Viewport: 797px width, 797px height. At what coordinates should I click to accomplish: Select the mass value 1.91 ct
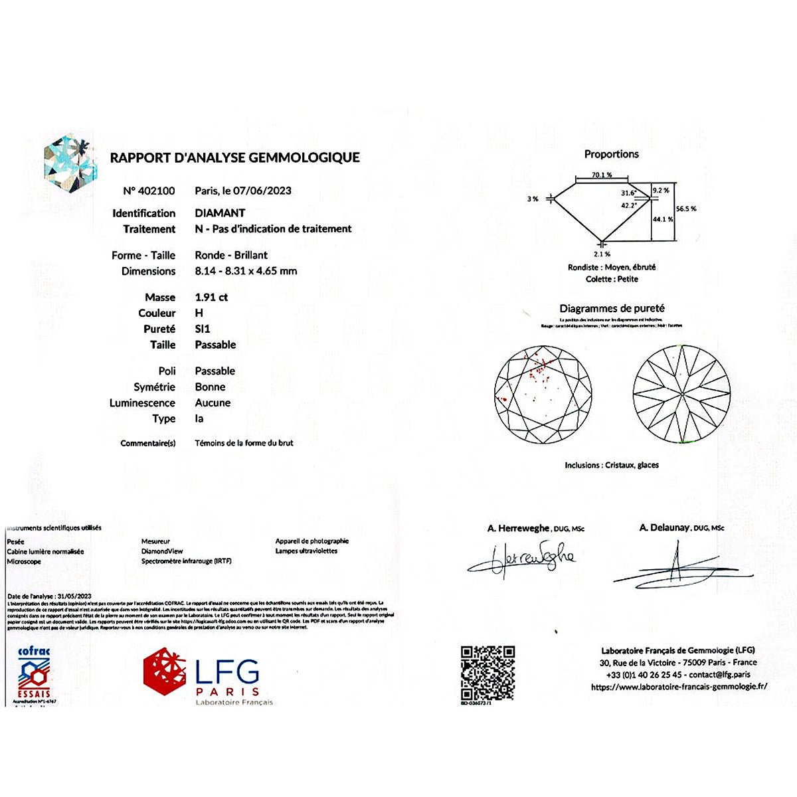[211, 298]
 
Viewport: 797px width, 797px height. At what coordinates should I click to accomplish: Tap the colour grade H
[199, 313]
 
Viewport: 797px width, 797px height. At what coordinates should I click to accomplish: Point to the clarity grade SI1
[203, 329]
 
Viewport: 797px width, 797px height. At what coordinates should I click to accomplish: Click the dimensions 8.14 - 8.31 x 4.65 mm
[246, 271]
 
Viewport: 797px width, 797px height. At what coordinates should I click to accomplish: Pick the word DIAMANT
[220, 213]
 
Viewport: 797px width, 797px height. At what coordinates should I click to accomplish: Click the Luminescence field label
[142, 403]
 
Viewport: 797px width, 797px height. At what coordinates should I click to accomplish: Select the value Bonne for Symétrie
[210, 387]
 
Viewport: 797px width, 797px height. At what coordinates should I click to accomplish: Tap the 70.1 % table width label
[602, 175]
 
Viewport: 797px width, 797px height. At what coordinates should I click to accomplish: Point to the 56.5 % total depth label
[686, 209]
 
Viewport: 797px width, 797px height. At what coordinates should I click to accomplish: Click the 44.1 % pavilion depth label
[663, 219]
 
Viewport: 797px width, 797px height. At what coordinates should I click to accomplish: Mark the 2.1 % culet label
[602, 254]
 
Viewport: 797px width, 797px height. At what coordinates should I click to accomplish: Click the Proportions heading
[611, 154]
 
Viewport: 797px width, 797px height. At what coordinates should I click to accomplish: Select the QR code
[487, 672]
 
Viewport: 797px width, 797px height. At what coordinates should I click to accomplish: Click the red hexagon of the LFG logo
[165, 671]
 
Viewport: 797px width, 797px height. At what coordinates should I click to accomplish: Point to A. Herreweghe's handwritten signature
[521, 559]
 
